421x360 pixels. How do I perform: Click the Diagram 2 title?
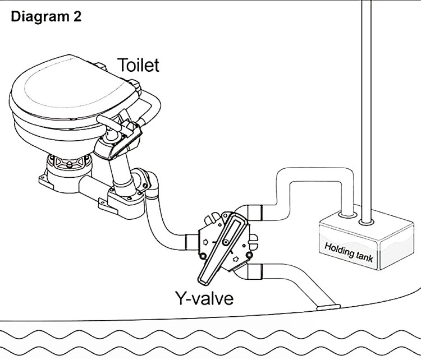[x=46, y=16]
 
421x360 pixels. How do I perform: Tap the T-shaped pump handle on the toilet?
[x=113, y=120]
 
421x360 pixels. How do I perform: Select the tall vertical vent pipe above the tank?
[x=367, y=101]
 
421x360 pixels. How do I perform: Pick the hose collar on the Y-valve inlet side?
[x=190, y=242]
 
